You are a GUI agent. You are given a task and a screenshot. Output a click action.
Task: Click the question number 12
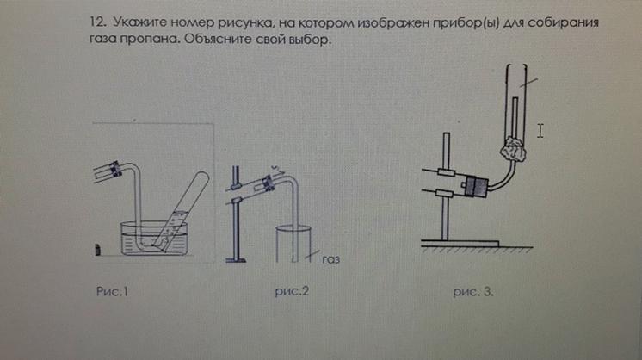tap(98, 22)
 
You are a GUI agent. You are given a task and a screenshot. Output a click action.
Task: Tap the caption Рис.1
tap(112, 291)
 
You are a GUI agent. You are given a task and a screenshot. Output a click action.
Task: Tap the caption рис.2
tap(292, 291)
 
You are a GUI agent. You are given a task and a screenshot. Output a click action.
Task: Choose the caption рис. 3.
tap(473, 292)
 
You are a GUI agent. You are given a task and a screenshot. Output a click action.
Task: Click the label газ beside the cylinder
tap(330, 259)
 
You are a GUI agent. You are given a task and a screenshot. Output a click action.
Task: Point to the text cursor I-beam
tap(540, 131)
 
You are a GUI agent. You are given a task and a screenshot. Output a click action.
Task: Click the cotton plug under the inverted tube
tap(513, 151)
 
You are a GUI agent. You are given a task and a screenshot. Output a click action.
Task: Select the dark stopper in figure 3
tap(476, 186)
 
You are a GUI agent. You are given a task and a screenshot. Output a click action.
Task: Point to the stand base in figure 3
tap(460, 244)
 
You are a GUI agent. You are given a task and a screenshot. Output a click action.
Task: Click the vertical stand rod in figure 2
tap(236, 213)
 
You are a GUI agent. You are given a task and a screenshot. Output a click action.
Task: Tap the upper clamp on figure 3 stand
tap(447, 172)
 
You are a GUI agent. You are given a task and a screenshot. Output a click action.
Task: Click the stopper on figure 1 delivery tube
tap(115, 169)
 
